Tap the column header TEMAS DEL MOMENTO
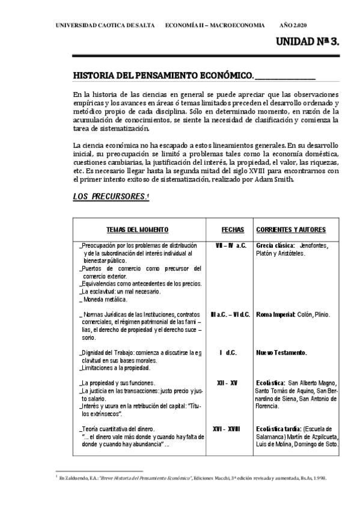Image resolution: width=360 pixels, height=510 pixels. coord(137,230)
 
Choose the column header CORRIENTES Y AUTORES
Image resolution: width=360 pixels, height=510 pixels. coord(291,230)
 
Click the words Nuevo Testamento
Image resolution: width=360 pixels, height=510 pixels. coord(281,352)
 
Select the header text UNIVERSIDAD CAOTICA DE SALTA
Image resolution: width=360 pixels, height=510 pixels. coord(105,26)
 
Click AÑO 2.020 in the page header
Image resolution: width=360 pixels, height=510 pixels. coord(293,26)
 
